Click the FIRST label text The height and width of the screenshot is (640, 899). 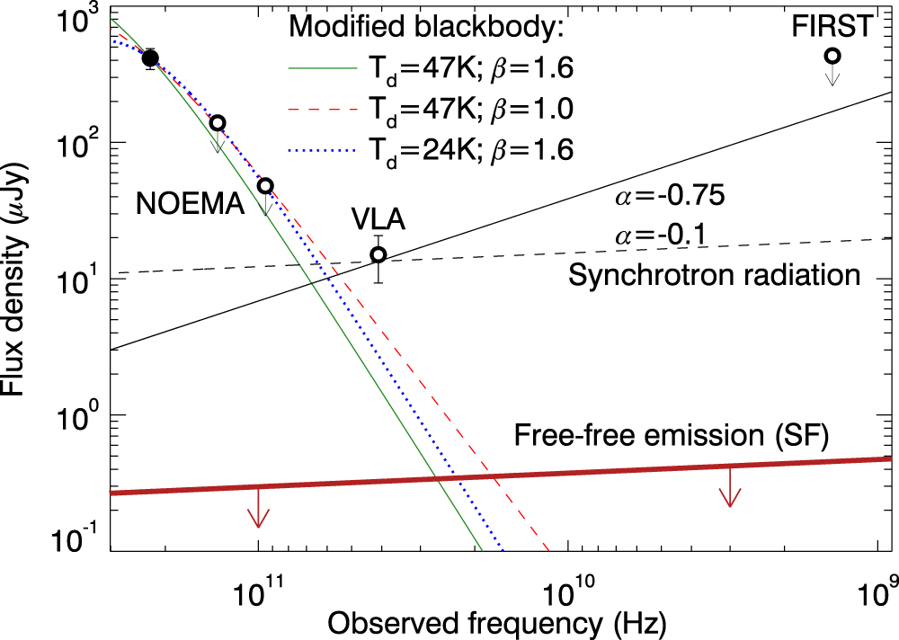(832, 26)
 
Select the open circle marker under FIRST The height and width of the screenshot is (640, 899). (832, 56)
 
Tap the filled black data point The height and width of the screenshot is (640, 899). (151, 58)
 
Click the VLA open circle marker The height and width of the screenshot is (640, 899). (379, 254)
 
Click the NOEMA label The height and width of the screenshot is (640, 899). (191, 205)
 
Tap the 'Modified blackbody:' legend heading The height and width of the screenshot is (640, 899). (425, 27)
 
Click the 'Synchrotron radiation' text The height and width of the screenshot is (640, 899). (714, 274)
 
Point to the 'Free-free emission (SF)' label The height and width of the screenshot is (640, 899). (671, 437)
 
